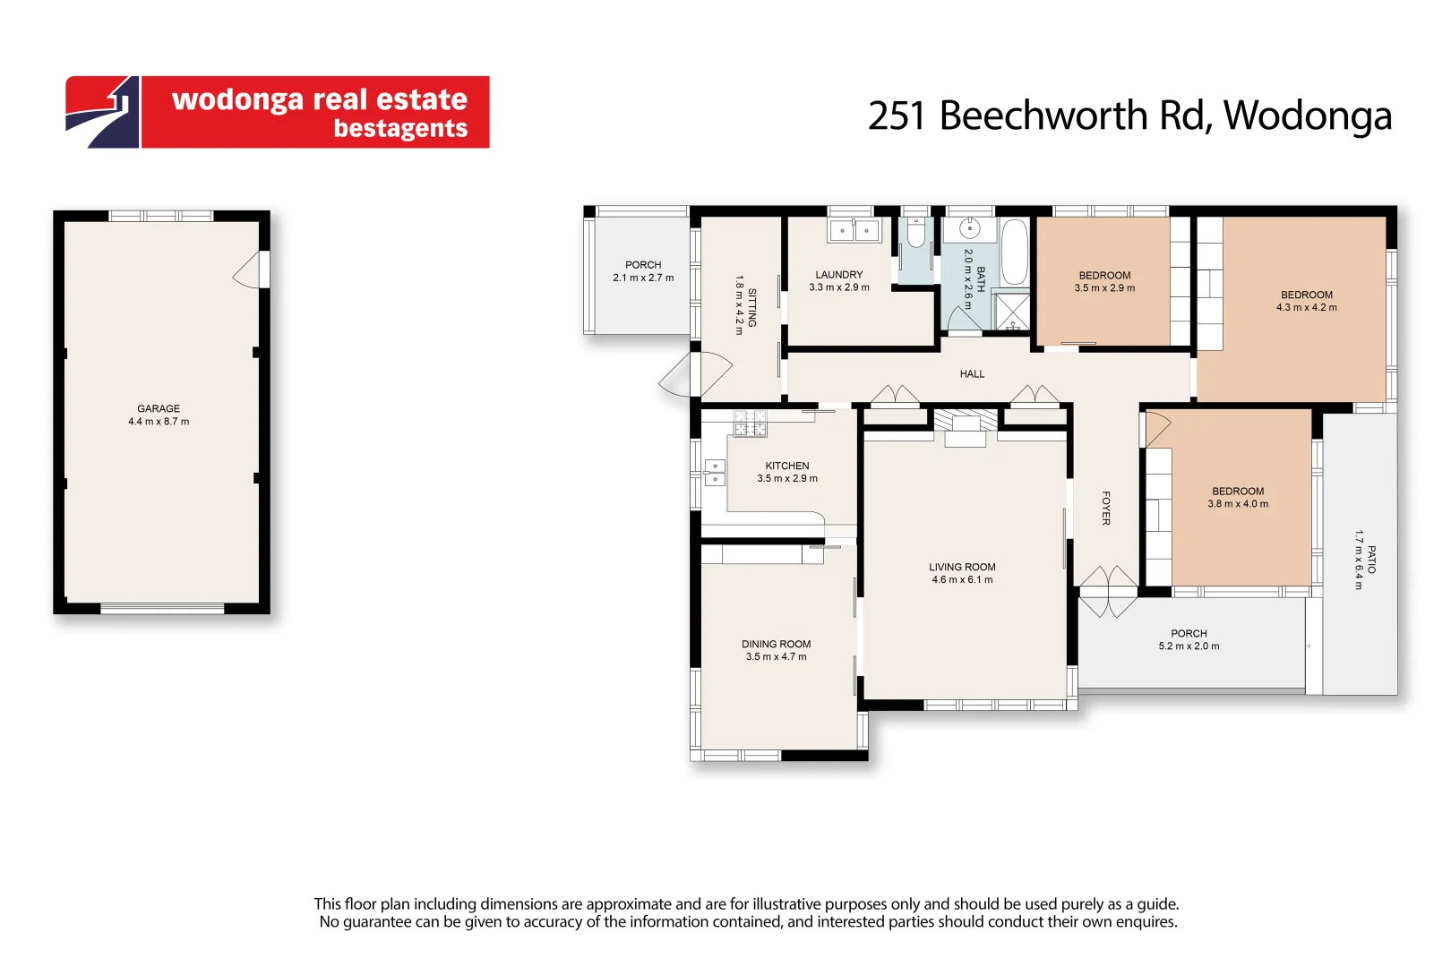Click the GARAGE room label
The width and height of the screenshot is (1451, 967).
159,408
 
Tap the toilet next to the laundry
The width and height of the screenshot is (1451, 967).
915,234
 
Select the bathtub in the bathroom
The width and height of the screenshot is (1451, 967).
1014,252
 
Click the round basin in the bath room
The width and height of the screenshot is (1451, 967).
969,229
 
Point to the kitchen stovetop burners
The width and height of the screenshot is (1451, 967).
751,423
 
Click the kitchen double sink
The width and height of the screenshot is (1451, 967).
715,472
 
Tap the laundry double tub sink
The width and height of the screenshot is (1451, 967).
854,231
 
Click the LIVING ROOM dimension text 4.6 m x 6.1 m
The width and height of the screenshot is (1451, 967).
962,580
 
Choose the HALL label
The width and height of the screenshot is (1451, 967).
972,374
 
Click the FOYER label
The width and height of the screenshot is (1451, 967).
1106,508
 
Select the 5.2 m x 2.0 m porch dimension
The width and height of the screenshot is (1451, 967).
1189,646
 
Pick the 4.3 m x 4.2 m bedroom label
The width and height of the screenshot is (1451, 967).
1306,301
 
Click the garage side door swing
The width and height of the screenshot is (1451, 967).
251,270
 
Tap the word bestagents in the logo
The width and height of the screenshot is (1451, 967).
400,129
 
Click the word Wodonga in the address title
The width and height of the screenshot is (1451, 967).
1307,116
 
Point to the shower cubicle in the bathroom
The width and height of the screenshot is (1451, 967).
1012,311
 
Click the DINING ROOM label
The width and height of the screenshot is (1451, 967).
776,644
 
